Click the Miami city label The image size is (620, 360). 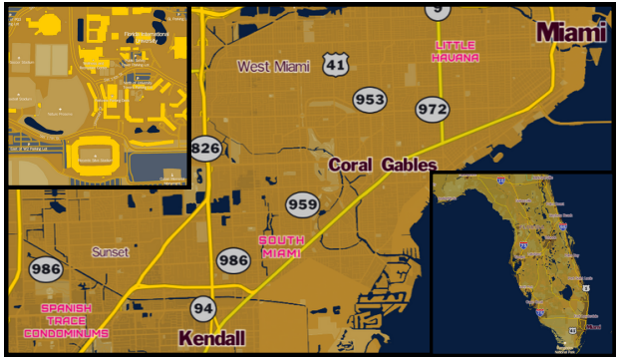coord(571,32)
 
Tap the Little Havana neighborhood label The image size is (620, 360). coord(455,51)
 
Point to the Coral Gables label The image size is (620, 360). coord(383,165)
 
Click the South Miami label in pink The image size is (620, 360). coord(281,246)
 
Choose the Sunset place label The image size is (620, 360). coord(111,252)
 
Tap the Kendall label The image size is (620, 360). coord(211,339)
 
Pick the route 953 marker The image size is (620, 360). coord(370,100)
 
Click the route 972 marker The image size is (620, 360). coord(433,108)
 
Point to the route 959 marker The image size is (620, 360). coord(302,204)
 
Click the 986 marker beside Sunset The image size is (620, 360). coord(46,269)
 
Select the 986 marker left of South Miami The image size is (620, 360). coord(233,261)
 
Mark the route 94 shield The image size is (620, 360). coord(203,308)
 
